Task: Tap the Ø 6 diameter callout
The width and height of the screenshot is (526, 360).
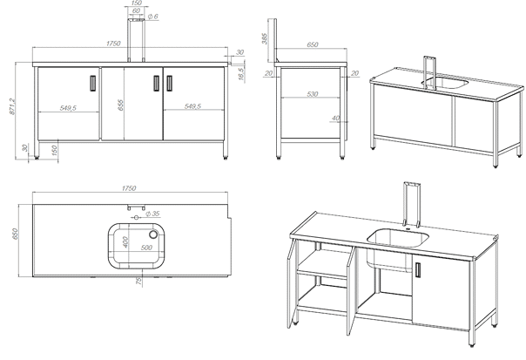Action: pyautogui.click(x=152, y=17)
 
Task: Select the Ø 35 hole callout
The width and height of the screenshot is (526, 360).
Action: pyautogui.click(x=153, y=214)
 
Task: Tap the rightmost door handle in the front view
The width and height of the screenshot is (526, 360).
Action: pyautogui.click(x=169, y=83)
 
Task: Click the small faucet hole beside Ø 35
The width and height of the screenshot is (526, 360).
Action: pyautogui.click(x=136, y=211)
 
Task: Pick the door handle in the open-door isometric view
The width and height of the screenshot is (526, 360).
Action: pyautogui.click(x=419, y=270)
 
